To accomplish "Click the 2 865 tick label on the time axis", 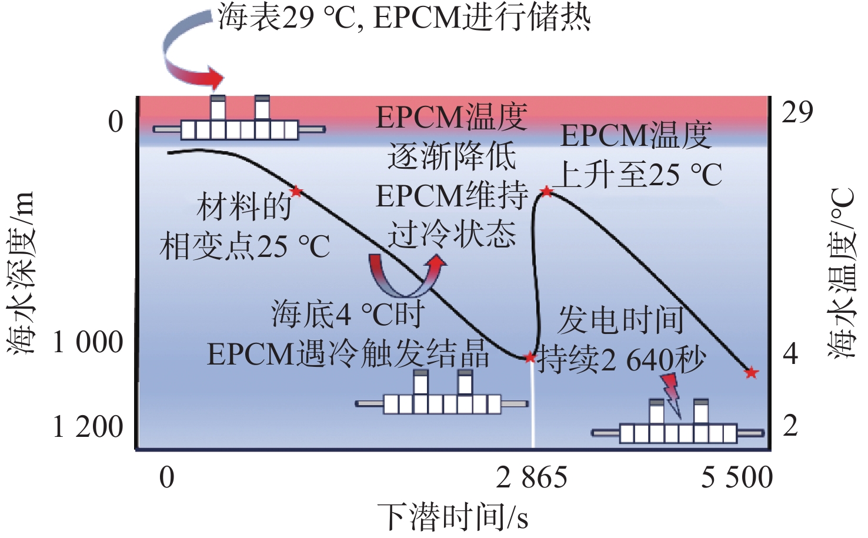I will pyautogui.click(x=531, y=477).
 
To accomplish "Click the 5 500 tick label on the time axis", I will pyautogui.click(x=736, y=477).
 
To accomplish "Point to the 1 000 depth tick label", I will pyautogui.click(x=88, y=342).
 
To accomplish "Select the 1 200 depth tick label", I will pyautogui.click(x=88, y=427).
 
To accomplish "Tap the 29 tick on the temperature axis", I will pyautogui.click(x=797, y=112).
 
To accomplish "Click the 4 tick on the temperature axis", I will pyautogui.click(x=790, y=354).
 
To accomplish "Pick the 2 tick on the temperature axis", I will pyautogui.click(x=790, y=426).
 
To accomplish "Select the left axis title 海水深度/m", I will pyautogui.click(x=22, y=273).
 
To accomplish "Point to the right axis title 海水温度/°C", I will pyautogui.click(x=842, y=273).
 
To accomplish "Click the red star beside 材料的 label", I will pyautogui.click(x=296, y=191).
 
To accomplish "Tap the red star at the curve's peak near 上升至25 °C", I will pyautogui.click(x=547, y=191).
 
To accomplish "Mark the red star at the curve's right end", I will pyautogui.click(x=751, y=373).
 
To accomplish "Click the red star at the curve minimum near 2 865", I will pyautogui.click(x=530, y=357).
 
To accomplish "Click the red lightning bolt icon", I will pyautogui.click(x=672, y=392).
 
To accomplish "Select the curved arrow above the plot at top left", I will pyautogui.click(x=188, y=56).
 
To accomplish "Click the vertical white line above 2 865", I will pyautogui.click(x=533, y=406).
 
